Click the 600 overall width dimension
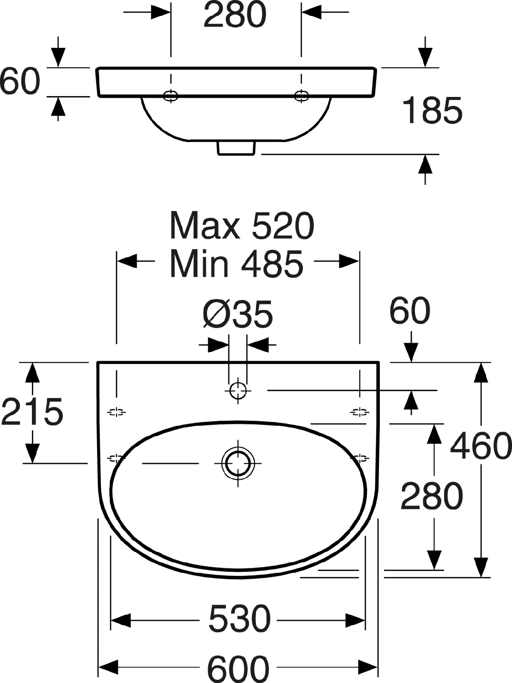coord(238,668)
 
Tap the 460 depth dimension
coord(481,447)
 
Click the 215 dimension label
coord(32,412)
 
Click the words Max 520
coord(242,225)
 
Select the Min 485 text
coord(236,264)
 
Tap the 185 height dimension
coord(432,110)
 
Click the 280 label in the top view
coord(235,14)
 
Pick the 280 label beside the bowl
coord(432,496)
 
